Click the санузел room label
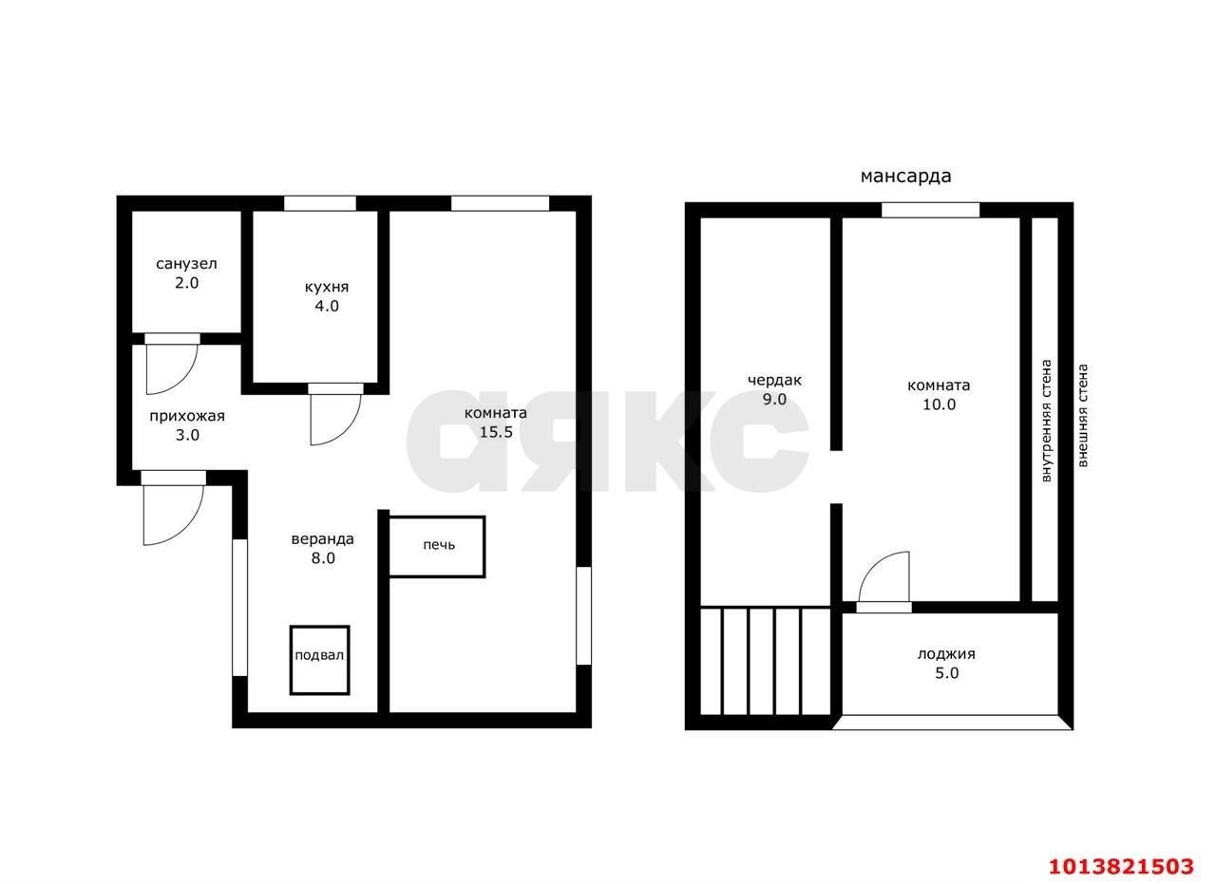click(186, 264)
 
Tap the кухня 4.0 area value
click(327, 306)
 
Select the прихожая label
click(187, 416)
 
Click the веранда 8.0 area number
click(323, 558)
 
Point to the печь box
click(437, 547)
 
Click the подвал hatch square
click(320, 660)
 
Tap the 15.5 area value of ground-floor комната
click(496, 432)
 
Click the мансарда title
click(906, 177)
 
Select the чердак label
click(774, 381)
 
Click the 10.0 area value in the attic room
click(940, 404)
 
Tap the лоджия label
click(946, 654)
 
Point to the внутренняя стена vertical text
click(1046, 421)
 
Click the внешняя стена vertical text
click(1082, 415)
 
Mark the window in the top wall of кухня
click(320, 203)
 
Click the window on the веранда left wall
click(240, 608)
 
